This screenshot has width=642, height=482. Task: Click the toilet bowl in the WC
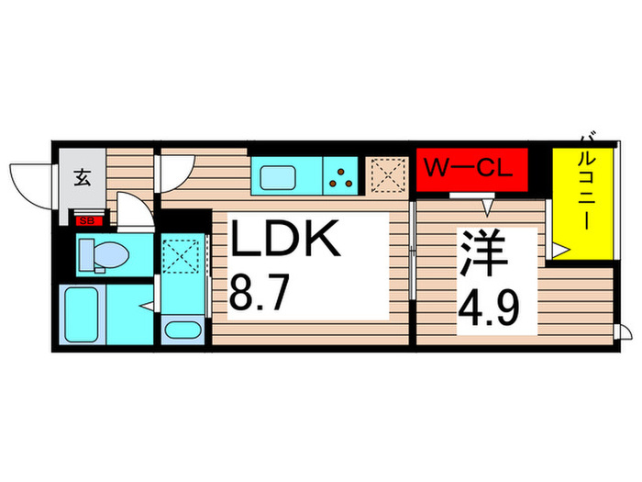coord(92,252)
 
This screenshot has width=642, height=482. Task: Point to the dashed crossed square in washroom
coord(184,254)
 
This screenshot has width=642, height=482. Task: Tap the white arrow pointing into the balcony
coord(559,248)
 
